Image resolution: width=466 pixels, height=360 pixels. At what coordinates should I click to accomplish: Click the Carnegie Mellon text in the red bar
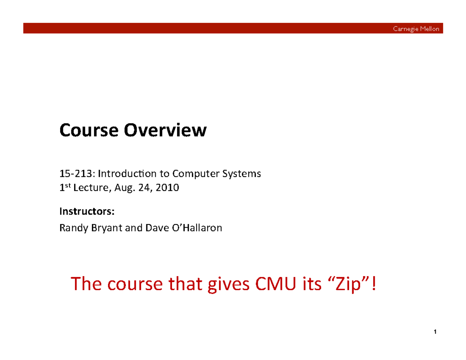(416, 28)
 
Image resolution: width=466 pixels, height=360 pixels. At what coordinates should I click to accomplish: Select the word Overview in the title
(165, 130)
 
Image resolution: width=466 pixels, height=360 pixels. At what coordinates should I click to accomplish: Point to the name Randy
(71, 228)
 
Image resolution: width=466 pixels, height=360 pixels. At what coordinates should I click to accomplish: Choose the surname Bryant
(103, 228)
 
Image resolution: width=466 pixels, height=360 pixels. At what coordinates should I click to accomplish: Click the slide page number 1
(435, 332)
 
